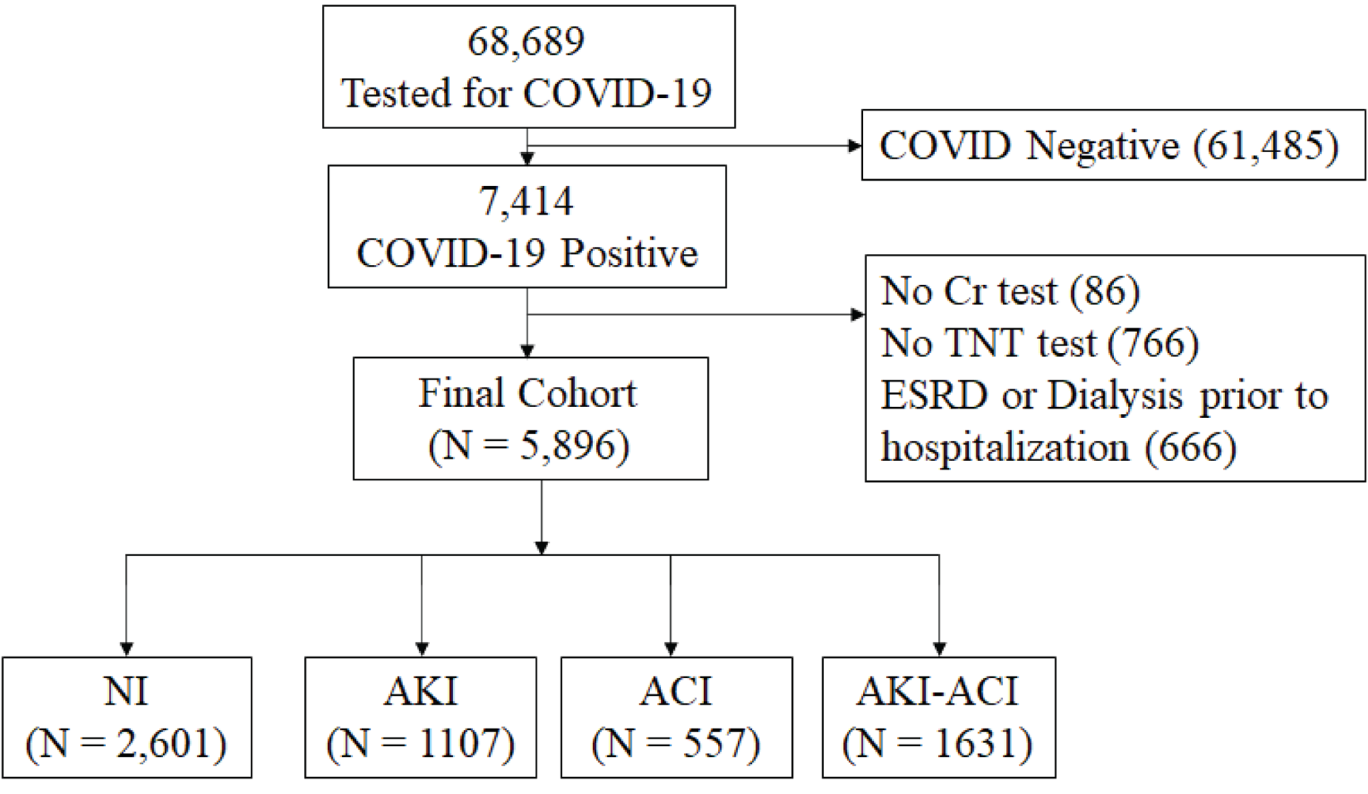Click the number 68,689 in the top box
tap(527, 41)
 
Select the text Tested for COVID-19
tap(527, 93)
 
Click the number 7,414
tap(527, 202)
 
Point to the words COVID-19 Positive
tap(527, 253)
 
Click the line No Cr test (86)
tap(1010, 291)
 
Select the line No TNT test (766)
tap(1039, 343)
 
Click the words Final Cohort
tap(528, 393)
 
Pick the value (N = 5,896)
tap(529, 446)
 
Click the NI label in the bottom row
tap(126, 691)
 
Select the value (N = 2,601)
tap(126, 743)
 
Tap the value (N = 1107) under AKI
tap(421, 743)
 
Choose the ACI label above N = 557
tap(676, 691)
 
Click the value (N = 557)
tap(676, 743)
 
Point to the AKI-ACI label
tap(938, 691)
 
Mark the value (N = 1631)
tap(938, 743)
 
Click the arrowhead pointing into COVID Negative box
tap(855, 145)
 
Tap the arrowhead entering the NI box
tap(127, 649)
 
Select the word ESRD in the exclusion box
tap(934, 395)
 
